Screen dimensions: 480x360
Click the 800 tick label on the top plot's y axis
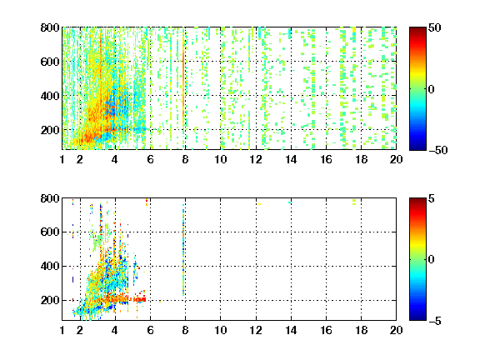(x=50, y=27)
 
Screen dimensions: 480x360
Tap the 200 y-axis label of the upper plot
(x=50, y=130)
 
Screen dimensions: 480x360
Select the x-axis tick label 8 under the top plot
(x=185, y=159)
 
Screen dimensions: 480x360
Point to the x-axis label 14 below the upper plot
(x=291, y=159)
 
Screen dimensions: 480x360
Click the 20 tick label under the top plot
(x=396, y=159)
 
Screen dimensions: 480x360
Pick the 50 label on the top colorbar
(x=435, y=27)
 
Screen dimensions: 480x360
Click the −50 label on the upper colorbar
(x=438, y=150)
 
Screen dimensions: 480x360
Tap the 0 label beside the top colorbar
(x=432, y=89)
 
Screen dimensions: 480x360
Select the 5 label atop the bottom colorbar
(x=432, y=198)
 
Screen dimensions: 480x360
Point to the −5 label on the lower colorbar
(x=435, y=321)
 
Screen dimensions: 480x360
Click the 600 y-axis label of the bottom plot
(x=50, y=232)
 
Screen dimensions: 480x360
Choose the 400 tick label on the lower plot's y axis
(x=50, y=266)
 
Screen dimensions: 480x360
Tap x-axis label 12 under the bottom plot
(x=256, y=330)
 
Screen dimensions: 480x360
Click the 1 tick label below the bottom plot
(x=62, y=330)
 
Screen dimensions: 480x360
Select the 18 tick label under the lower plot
(x=361, y=330)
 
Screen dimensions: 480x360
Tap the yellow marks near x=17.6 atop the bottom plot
(x=354, y=202)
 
